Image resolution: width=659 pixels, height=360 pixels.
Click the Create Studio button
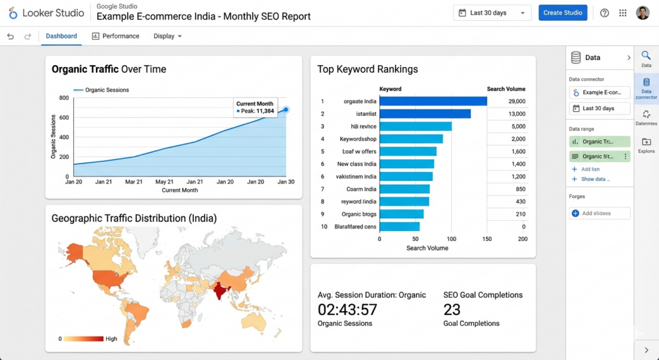click(562, 13)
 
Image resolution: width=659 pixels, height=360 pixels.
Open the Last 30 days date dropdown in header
click(492, 13)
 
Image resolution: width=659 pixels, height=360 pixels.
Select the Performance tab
click(115, 36)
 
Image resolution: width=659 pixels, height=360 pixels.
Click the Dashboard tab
click(61, 36)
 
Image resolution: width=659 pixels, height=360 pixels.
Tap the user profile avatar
click(642, 13)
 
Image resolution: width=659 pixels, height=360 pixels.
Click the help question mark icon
click(604, 13)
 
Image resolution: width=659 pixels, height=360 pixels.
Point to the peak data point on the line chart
click(286, 110)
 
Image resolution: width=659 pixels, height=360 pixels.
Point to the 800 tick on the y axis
click(64, 98)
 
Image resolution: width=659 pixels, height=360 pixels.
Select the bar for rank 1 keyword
click(432, 101)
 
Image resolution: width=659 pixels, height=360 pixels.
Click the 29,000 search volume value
click(516, 101)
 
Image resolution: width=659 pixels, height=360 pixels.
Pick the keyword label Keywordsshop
click(358, 139)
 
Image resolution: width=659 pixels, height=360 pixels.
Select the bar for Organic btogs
click(401, 214)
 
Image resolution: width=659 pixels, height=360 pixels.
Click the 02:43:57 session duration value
click(348, 310)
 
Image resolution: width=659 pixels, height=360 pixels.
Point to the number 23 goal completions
click(452, 310)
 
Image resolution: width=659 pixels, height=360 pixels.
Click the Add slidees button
click(599, 213)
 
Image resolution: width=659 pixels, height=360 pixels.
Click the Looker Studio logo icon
click(13, 13)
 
